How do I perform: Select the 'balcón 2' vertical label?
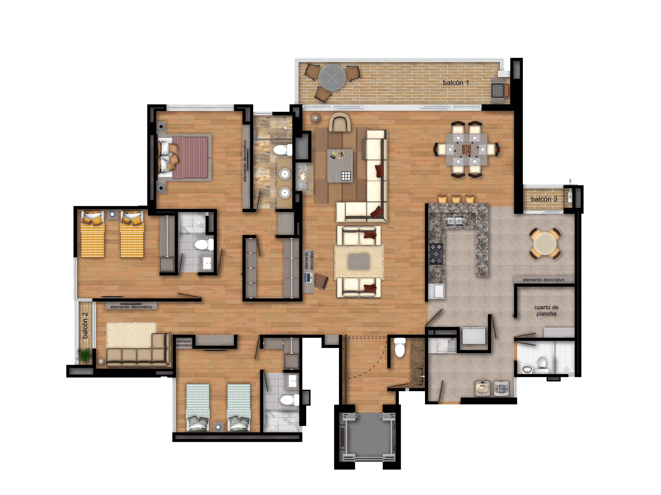85,325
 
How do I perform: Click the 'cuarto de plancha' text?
546,310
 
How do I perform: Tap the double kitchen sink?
454,221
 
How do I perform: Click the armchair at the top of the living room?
340,122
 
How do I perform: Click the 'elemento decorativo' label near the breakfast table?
544,280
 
